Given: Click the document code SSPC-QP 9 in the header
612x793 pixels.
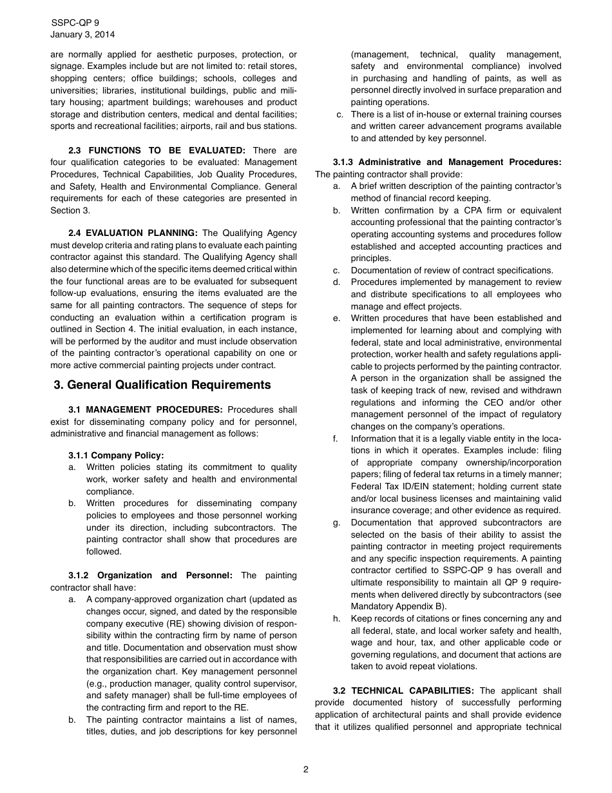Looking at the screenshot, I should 75,23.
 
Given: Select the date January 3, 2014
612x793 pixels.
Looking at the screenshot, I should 82,35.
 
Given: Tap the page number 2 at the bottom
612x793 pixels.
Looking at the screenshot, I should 306,769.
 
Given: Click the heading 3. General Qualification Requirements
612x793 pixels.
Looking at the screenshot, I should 162,385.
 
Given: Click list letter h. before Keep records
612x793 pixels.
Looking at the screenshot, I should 336,619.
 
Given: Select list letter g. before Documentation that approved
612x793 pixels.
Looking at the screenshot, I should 336,523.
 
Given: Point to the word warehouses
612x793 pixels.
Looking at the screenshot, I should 197,103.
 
